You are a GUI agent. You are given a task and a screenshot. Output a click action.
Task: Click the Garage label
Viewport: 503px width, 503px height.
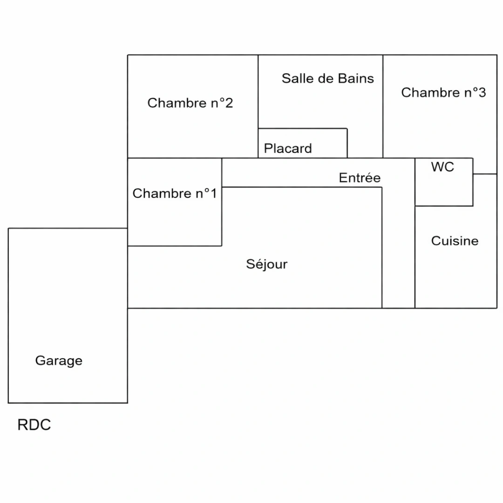point(59,361)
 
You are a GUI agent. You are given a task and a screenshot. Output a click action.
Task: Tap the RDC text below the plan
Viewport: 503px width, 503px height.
point(34,425)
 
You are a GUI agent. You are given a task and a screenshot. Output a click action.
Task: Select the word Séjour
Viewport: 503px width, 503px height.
point(266,265)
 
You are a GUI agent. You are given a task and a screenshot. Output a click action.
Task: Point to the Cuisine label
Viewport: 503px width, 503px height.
point(455,241)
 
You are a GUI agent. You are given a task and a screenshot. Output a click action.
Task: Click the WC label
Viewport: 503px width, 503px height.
point(442,167)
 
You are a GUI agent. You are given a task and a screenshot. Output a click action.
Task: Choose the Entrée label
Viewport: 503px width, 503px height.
point(360,177)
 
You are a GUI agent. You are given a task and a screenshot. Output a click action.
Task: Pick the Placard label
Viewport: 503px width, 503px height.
point(288,148)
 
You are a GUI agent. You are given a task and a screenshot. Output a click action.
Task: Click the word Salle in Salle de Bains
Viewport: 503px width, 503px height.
point(295,78)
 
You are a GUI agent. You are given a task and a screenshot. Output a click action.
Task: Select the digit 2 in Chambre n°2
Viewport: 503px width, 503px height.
point(229,103)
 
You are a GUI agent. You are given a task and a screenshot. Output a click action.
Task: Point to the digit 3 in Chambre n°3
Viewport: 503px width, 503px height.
point(482,92)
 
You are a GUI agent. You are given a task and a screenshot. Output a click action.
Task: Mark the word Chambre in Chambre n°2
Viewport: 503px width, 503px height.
point(177,103)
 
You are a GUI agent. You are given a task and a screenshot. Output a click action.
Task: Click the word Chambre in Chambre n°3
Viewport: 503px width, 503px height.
point(431,92)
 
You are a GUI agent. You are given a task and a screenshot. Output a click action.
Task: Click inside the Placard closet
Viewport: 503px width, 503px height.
point(303,143)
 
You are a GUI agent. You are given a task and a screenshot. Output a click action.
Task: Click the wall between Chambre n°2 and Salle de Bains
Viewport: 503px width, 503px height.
point(258,106)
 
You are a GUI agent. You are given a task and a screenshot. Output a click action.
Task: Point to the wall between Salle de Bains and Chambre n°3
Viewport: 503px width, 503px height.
point(383,106)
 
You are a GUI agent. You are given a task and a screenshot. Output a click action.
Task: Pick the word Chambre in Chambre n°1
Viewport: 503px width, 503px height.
point(162,193)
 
